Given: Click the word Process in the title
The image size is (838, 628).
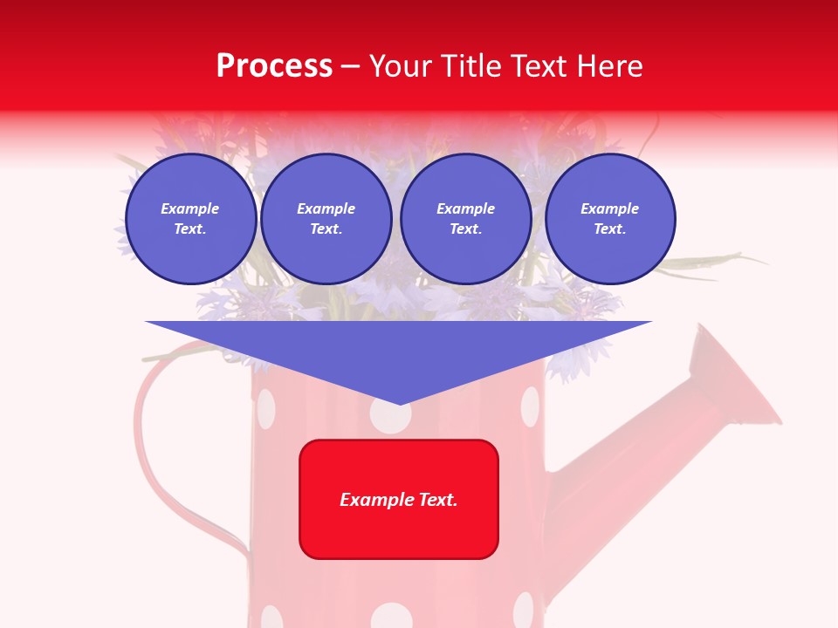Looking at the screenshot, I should [274, 66].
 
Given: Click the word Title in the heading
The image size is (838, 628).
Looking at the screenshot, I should [472, 66].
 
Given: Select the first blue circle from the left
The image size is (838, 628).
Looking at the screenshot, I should [190, 219].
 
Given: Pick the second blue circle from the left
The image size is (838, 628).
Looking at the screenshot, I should [326, 219].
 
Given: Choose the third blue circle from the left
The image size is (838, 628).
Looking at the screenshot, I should [465, 219].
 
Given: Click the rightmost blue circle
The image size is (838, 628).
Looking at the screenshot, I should [610, 219].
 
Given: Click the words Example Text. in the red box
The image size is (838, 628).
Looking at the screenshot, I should [399, 500].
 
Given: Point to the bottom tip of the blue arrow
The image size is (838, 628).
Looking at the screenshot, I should [399, 404].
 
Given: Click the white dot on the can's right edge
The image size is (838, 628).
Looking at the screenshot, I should [530, 406].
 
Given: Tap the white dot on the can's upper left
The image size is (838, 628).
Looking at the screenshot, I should [265, 406].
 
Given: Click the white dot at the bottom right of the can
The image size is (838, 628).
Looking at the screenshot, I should [523, 610].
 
